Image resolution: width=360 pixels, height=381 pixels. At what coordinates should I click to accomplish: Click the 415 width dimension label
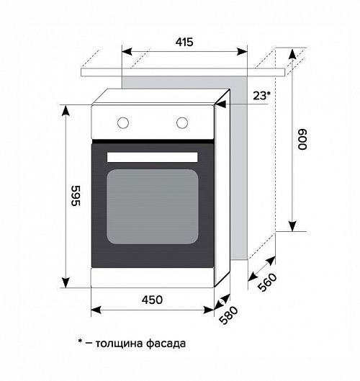[x=184, y=42]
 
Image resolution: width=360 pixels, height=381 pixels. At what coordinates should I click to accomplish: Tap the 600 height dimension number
[x=302, y=140]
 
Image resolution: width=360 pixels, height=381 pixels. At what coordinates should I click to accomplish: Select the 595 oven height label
[x=76, y=196]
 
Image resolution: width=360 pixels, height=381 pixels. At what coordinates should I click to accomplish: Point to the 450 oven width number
[x=153, y=300]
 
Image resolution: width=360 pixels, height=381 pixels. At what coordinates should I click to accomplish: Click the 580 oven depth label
[x=228, y=315]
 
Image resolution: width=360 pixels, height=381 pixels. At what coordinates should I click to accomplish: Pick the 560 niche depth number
[x=267, y=282]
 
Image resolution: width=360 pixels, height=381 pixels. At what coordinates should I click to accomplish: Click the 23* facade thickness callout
[x=262, y=96]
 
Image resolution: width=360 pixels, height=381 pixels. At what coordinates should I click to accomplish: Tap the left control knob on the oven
[x=123, y=122]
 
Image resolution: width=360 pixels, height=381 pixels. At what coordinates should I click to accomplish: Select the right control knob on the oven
[x=182, y=122]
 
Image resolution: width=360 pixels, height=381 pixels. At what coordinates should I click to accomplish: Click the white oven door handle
[x=153, y=157]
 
